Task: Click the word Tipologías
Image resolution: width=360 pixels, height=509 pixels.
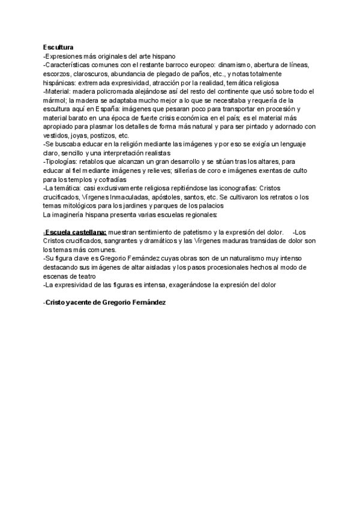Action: pyautogui.click(x=63, y=162)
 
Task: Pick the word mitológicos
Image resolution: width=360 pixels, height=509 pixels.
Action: pyautogui.click(x=86, y=206)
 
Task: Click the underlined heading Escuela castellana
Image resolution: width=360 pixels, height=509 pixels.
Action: pyautogui.click(x=75, y=232)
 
